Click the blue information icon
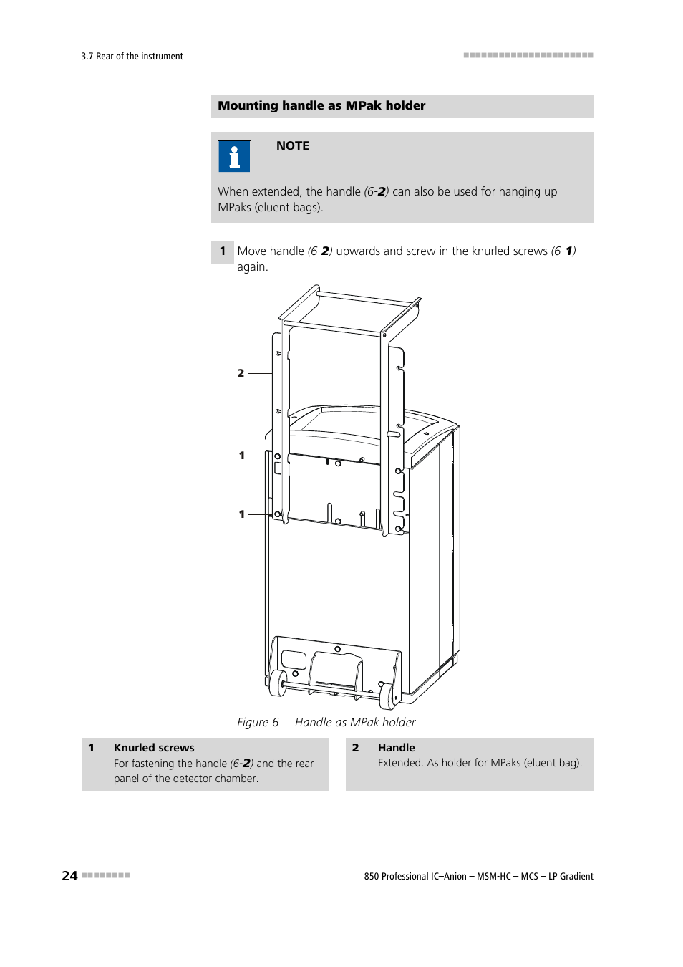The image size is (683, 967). tap(234, 157)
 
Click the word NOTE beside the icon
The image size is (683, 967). tap(292, 145)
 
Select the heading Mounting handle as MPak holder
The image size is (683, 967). tap(321, 106)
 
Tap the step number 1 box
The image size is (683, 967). tap(222, 251)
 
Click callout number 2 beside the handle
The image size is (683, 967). tap(241, 373)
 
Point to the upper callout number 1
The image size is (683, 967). tap(241, 456)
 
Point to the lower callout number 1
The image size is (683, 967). tap(241, 514)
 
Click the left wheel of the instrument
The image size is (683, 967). tap(278, 683)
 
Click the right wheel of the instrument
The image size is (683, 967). tap(387, 696)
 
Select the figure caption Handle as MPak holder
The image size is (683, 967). tap(354, 722)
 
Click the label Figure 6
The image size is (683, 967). tap(258, 722)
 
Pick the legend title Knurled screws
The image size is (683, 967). tap(154, 748)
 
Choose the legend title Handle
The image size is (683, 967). tap(396, 748)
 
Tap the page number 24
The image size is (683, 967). tap(69, 875)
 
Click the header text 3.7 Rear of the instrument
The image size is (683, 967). tap(132, 57)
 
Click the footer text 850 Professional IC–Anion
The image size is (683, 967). tap(415, 876)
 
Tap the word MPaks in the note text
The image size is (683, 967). tap(234, 208)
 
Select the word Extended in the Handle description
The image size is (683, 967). tap(400, 763)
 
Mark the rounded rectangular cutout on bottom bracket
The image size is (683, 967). tap(294, 659)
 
